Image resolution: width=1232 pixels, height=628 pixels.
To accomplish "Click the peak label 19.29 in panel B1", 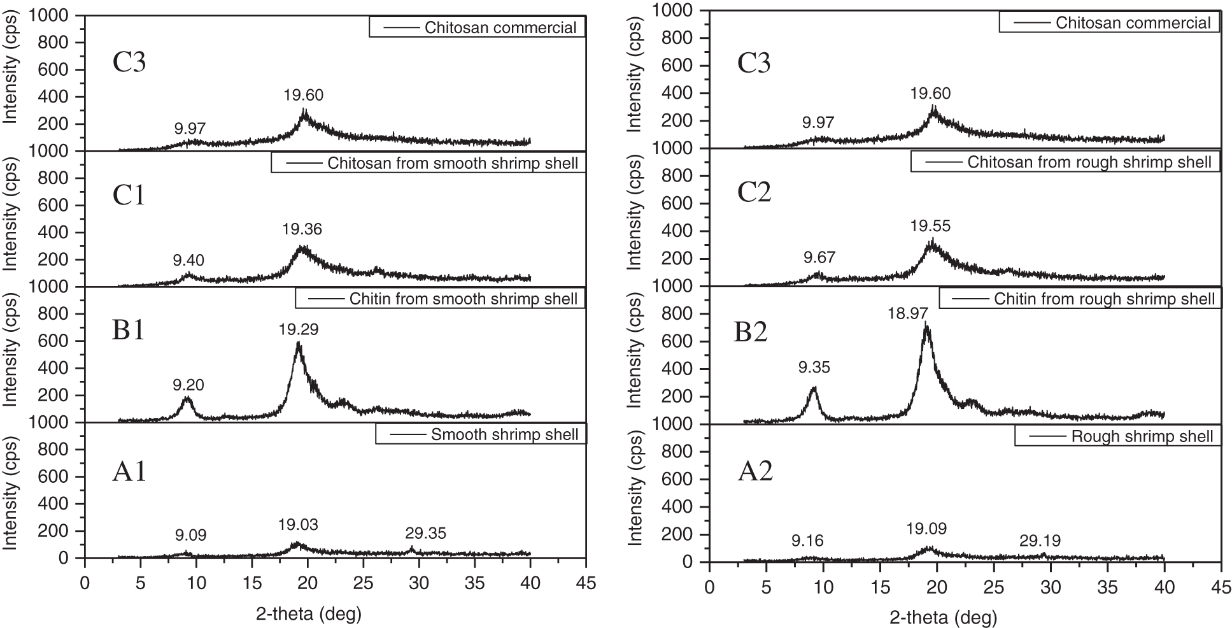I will (298, 329).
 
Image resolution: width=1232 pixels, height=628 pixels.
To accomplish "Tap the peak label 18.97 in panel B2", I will (908, 312).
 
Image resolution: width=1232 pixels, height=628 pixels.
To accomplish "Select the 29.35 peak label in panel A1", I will (426, 534).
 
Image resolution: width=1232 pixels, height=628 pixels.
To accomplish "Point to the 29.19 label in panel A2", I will (1040, 541).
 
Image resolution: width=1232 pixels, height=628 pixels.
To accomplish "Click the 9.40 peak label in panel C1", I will (188, 260).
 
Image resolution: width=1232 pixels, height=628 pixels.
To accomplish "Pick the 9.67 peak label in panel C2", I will (819, 258).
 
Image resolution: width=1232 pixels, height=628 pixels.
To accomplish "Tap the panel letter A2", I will (755, 472).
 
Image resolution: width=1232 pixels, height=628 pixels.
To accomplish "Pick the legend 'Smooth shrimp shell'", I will (481, 435).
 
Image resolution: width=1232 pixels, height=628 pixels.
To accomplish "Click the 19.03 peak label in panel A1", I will (298, 525).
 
